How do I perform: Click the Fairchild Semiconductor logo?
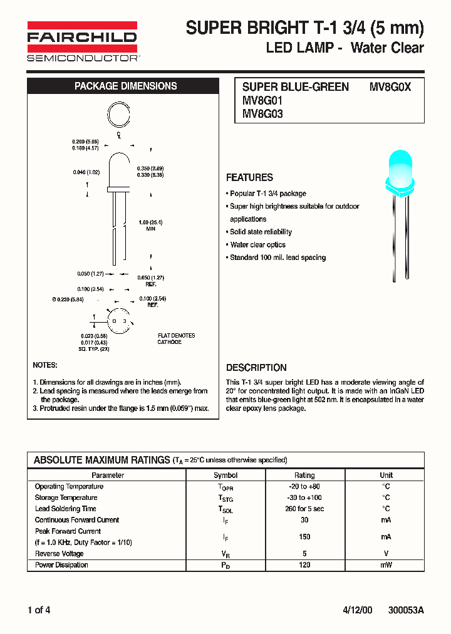(x=82, y=41)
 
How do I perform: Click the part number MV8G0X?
(x=390, y=87)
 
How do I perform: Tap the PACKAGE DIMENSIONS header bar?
(x=125, y=86)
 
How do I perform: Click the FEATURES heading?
(x=249, y=177)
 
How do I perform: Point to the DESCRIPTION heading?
(x=256, y=368)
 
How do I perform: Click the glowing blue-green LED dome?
(x=398, y=168)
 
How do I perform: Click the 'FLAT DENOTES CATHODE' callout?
(x=176, y=339)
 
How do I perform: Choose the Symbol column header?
(x=225, y=476)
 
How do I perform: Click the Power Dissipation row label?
(x=61, y=565)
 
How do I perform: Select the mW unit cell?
(x=386, y=565)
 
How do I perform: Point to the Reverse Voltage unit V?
(x=386, y=554)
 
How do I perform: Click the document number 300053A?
(x=406, y=610)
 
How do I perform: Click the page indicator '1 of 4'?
(x=39, y=610)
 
